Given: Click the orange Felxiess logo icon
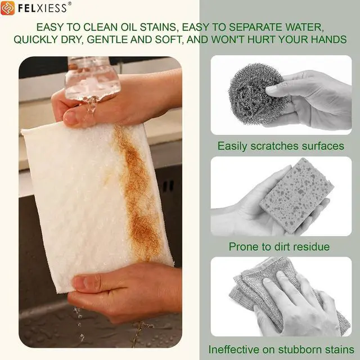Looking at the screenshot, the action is tap(7, 8).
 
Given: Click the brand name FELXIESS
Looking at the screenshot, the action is tap(43, 8).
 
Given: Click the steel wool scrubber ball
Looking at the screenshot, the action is tap(257, 94).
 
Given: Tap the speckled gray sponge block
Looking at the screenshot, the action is tap(297, 195).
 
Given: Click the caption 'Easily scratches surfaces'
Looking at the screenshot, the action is tap(281, 146).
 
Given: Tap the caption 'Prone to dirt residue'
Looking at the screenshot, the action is tap(279, 247).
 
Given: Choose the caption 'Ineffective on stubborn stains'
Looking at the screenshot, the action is tap(281, 350).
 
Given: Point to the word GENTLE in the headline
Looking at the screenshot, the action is tap(107, 39).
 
